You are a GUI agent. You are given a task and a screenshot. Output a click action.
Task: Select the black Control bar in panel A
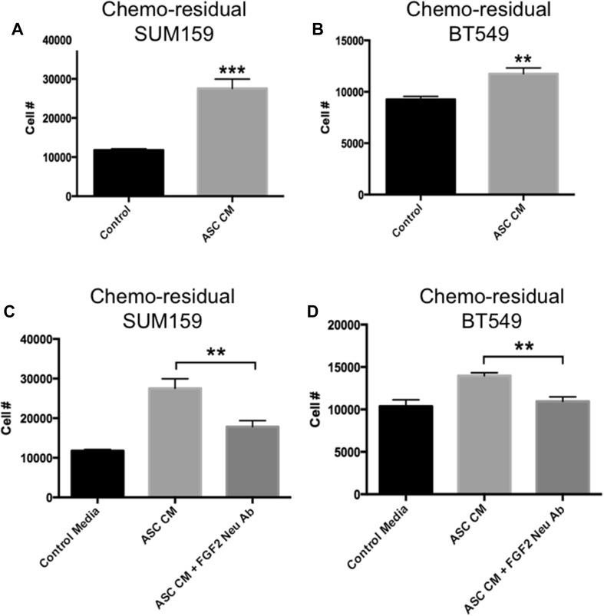tap(128, 173)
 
